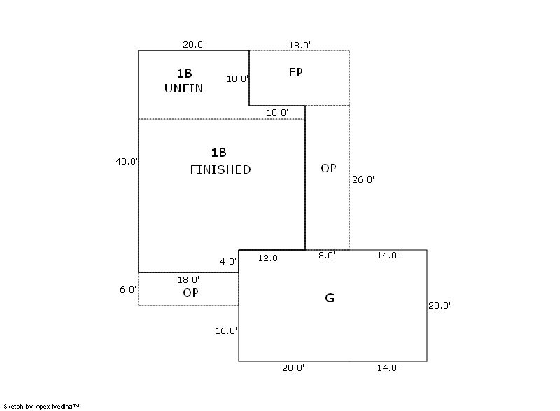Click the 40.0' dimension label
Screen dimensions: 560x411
pos(127,162)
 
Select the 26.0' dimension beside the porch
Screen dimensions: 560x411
pos(363,180)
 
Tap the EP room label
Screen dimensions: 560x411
pos(295,73)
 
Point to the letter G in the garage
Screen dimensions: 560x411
pos(330,298)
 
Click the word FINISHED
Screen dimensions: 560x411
pos(220,169)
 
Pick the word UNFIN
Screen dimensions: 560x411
pos(183,88)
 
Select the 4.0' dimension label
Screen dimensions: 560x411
pos(228,262)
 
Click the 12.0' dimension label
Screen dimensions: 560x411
pos(269,258)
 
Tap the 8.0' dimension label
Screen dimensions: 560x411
pos(327,256)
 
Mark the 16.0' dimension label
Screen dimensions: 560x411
pos(226,331)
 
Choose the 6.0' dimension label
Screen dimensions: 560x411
pos(128,290)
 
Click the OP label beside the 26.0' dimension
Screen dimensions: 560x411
pos(328,168)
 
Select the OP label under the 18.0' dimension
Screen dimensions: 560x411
pos(190,293)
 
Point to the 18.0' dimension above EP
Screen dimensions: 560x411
pos(300,46)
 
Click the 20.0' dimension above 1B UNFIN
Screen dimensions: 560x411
pos(194,45)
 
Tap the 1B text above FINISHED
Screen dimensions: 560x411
pos(218,153)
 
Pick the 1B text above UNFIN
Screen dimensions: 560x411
pos(184,74)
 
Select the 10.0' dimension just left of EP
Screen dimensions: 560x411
pos(237,79)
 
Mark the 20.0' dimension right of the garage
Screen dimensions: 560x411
pos(440,306)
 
